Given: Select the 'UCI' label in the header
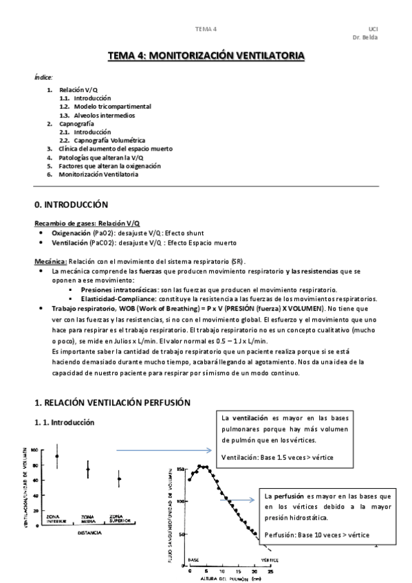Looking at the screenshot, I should pyautogui.click(x=373, y=28).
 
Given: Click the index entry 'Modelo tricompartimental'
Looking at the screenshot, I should pyautogui.click(x=113, y=107).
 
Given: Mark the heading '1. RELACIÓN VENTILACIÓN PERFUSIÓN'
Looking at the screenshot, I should pyautogui.click(x=112, y=401).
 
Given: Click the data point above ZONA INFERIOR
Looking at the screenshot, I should pyautogui.click(x=57, y=456).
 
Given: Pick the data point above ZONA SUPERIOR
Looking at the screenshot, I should pyautogui.click(x=119, y=478).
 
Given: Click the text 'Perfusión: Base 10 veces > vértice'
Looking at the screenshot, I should pyautogui.click(x=316, y=534).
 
